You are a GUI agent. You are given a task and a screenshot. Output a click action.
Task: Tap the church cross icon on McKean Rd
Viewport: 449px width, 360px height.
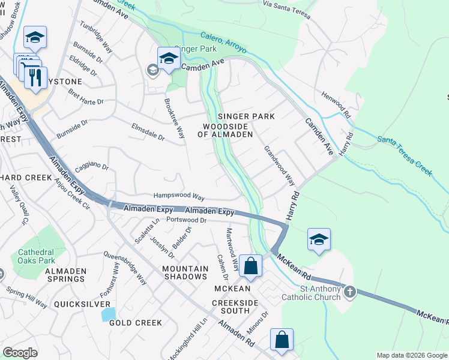[349, 293]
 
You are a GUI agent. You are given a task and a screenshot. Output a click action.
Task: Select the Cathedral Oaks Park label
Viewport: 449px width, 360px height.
[36, 256]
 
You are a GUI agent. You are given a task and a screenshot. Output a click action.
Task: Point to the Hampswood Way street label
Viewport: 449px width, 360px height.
[179, 197]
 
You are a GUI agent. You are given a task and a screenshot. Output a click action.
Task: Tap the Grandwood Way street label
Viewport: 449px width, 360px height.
[280, 166]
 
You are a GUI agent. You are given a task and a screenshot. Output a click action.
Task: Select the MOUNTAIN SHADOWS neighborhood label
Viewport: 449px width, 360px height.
[185, 272]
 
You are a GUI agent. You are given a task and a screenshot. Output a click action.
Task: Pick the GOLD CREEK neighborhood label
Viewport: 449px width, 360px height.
[136, 323]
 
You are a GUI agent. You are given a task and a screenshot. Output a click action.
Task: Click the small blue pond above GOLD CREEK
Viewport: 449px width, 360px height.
[109, 313]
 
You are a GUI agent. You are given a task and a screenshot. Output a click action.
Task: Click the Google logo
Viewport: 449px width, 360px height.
[20, 353]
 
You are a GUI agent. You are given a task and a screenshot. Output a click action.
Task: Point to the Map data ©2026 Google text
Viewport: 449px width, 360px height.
[411, 355]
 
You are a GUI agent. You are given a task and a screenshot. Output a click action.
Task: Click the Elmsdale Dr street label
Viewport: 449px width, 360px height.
[148, 132]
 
